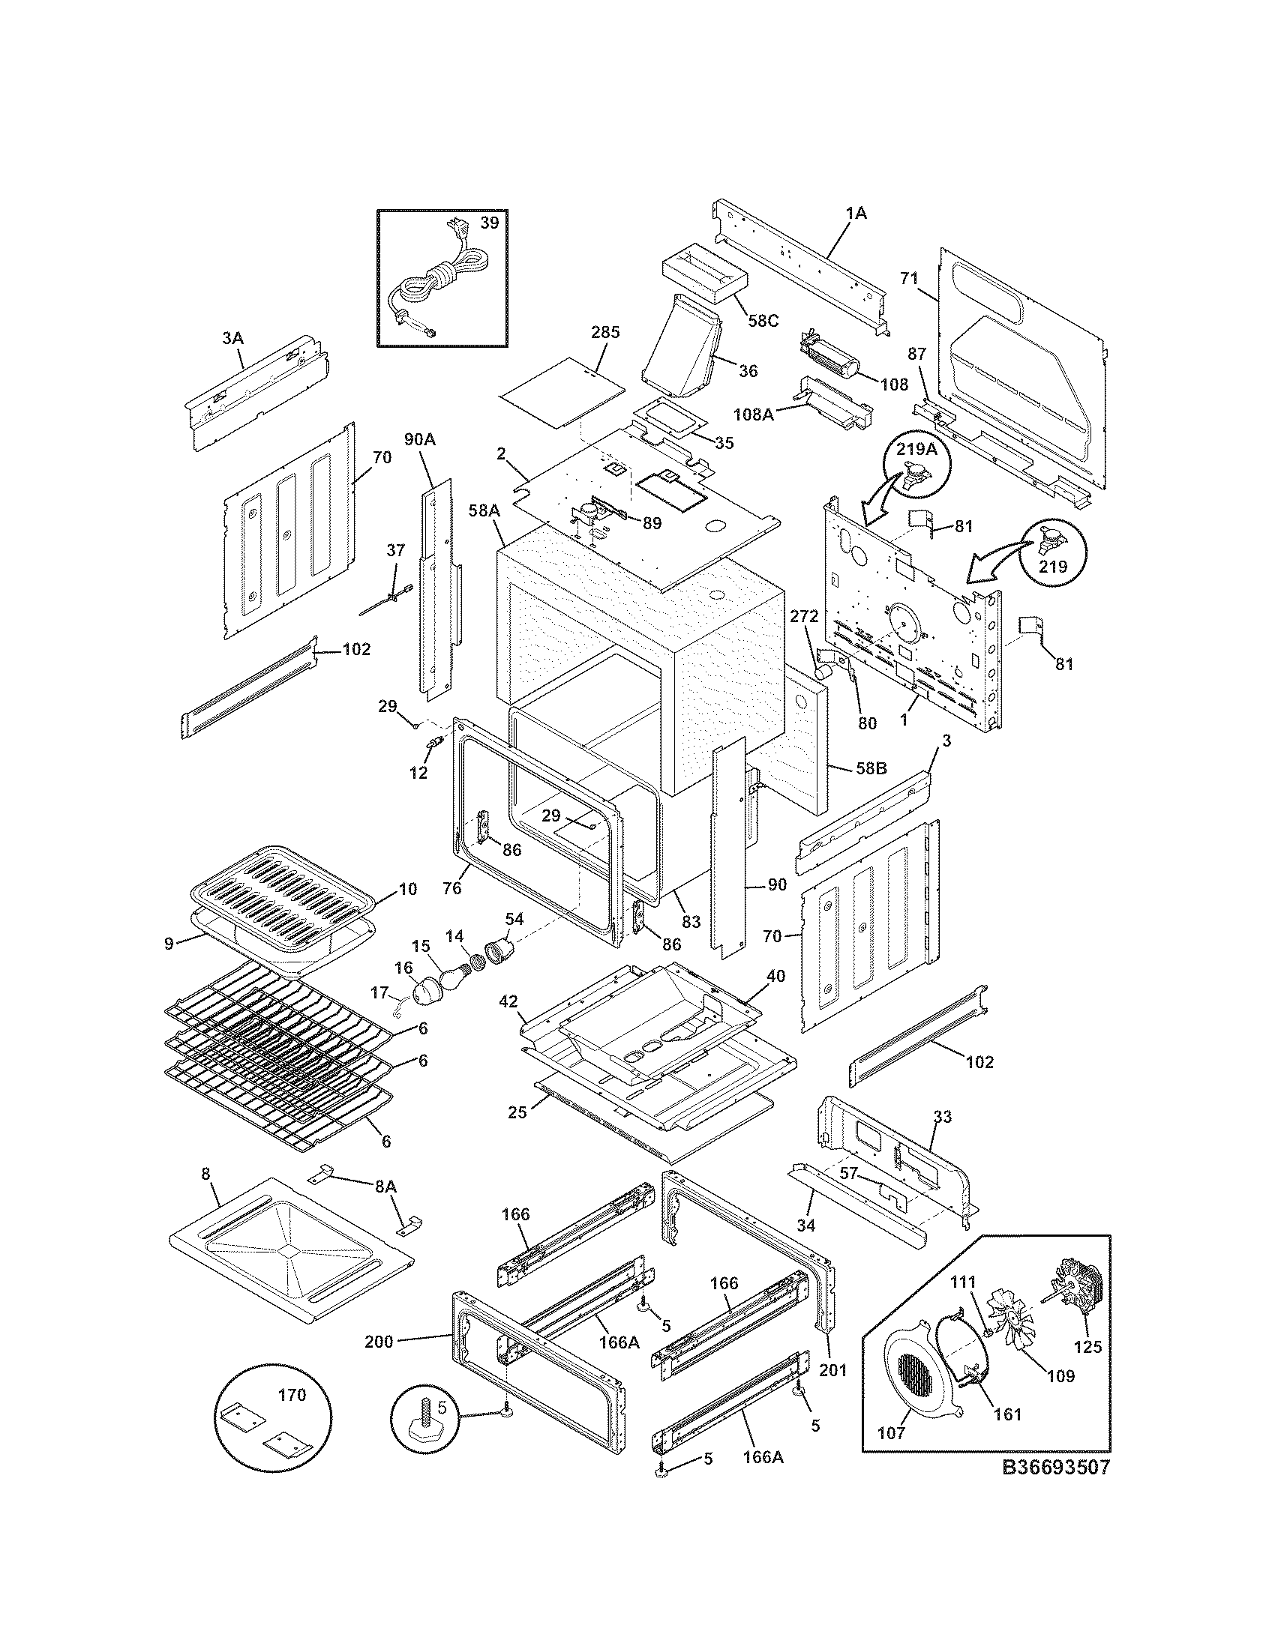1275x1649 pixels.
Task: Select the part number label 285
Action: (x=605, y=332)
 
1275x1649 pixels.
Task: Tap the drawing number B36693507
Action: (x=1056, y=1467)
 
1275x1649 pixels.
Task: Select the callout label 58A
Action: (x=484, y=511)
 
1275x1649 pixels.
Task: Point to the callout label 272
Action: (x=804, y=616)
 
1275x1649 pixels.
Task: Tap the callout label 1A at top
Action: (x=856, y=214)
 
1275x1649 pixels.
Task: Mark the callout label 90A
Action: (x=420, y=439)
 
